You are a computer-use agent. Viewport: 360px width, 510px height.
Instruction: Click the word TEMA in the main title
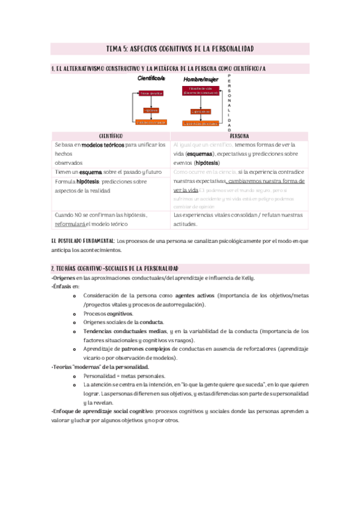click(x=114, y=48)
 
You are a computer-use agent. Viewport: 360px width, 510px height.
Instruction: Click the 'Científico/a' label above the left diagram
click(x=151, y=79)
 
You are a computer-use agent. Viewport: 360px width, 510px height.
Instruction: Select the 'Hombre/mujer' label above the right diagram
click(x=200, y=79)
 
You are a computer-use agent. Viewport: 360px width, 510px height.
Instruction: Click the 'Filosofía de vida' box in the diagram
click(x=201, y=90)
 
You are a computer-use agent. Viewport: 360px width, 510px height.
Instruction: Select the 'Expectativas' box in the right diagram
click(x=201, y=111)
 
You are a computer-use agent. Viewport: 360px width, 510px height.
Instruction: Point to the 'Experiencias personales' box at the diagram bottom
click(x=201, y=123)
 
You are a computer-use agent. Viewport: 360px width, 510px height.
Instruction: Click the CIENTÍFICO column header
click(x=111, y=136)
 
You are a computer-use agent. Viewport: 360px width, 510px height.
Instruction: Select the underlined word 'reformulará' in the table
click(x=71, y=224)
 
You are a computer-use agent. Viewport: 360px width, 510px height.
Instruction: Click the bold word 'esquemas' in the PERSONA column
click(x=199, y=154)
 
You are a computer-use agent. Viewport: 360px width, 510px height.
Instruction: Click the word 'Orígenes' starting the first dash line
click(x=64, y=277)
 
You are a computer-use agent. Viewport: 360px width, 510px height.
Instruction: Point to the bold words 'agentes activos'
click(x=195, y=296)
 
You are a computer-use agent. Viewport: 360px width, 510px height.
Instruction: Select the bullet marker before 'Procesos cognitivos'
click(x=73, y=314)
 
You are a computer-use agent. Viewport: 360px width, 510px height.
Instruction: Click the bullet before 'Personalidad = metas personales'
click(x=73, y=375)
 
